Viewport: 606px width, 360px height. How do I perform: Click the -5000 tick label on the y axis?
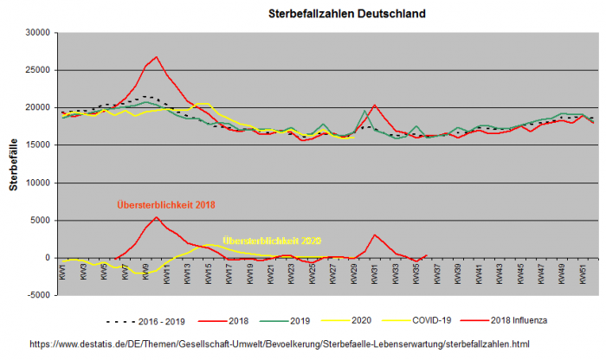[x=35, y=295]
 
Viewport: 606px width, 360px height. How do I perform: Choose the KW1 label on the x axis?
[x=62, y=272]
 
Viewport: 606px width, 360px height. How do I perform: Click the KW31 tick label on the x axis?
[x=375, y=272]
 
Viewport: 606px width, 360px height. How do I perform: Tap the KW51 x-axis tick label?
[x=583, y=272]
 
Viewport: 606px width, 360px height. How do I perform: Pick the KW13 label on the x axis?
[x=187, y=272]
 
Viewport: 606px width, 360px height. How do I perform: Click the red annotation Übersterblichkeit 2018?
[x=166, y=205]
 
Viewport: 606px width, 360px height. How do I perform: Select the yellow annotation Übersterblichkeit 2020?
[x=271, y=240]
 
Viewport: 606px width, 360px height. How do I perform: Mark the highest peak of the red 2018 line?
[x=156, y=57]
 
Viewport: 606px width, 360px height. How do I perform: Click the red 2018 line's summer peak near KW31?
[x=374, y=106]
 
